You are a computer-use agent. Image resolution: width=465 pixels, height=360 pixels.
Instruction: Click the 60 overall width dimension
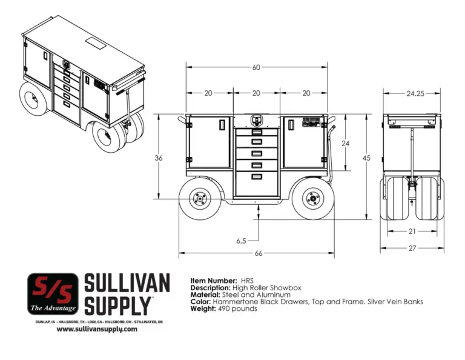(x=256, y=67)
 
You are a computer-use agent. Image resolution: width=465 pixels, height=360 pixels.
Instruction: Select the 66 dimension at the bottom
(x=259, y=253)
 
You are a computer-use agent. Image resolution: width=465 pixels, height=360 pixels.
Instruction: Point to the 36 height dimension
(x=159, y=158)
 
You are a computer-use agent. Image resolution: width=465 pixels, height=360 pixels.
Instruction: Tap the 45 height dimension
(x=366, y=158)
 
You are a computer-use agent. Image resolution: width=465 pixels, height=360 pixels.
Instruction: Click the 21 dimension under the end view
(x=412, y=231)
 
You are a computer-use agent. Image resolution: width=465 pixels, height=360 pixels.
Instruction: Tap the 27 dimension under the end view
(x=412, y=248)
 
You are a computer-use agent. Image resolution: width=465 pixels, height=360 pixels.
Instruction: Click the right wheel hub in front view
(x=313, y=197)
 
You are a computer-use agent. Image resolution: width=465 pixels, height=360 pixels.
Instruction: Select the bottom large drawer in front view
(x=257, y=184)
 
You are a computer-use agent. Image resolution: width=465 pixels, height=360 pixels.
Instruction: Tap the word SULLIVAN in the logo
(x=126, y=284)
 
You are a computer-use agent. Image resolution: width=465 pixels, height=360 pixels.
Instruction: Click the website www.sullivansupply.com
(x=97, y=329)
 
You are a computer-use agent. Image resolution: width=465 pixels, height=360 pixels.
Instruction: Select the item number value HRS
(x=247, y=281)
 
